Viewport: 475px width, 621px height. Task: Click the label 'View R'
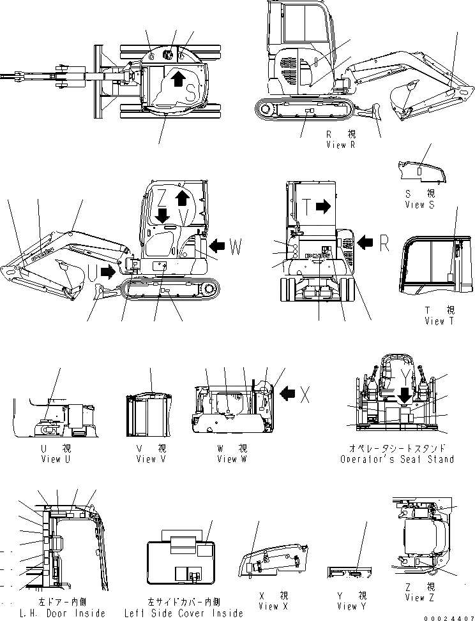click(x=340, y=145)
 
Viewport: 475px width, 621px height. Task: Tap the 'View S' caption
click(x=419, y=205)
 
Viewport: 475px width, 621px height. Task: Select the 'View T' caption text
click(x=439, y=321)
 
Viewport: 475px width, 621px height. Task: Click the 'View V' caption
click(x=146, y=459)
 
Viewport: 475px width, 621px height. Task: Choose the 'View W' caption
click(x=232, y=459)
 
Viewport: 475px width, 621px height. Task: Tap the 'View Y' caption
click(x=347, y=606)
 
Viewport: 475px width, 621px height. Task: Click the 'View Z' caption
click(x=419, y=597)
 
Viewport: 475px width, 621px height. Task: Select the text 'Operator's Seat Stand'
click(x=397, y=459)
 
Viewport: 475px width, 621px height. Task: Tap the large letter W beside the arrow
click(x=236, y=248)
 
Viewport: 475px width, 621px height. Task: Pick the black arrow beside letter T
click(x=324, y=207)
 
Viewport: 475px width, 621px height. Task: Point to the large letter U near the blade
click(x=93, y=272)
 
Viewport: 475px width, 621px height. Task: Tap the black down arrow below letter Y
click(x=403, y=397)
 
